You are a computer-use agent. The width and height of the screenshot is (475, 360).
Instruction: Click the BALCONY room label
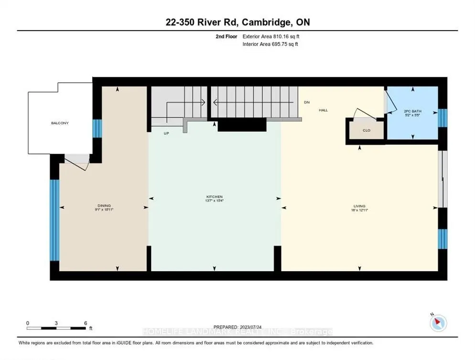pos(60,123)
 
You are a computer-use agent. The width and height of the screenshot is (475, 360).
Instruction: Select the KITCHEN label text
pos(215,197)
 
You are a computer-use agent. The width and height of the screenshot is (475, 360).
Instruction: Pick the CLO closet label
pos(366,130)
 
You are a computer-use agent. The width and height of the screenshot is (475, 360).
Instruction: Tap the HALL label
pos(324,110)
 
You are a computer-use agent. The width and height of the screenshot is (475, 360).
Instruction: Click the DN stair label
pos(307,103)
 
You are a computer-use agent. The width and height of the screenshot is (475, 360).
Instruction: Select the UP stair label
pos(166,133)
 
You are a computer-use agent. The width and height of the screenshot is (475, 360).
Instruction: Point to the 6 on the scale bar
pos(85,323)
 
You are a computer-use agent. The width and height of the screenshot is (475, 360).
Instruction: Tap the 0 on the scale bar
pos(28,323)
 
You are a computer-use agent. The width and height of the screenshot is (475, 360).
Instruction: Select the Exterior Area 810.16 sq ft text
pos(271,36)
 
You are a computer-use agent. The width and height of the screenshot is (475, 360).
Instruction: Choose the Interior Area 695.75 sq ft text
pos(271,44)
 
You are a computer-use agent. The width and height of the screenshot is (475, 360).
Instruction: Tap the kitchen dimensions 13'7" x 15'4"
pos(215,201)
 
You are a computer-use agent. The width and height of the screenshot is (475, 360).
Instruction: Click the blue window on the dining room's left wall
pos(54,220)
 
